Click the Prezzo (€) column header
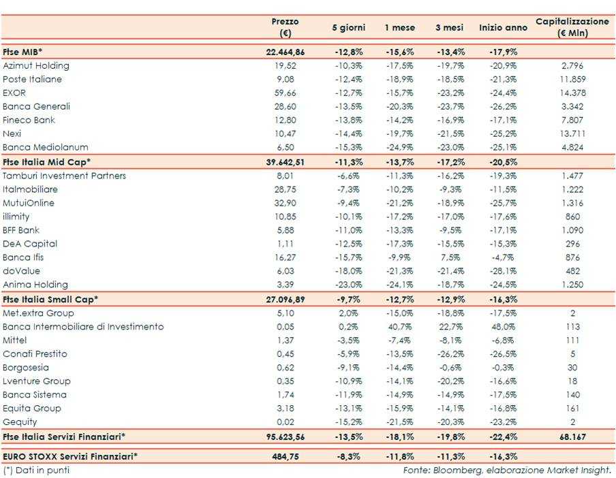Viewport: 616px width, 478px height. click(285, 27)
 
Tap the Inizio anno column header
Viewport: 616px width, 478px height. click(503, 28)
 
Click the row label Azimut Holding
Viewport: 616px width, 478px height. click(36, 66)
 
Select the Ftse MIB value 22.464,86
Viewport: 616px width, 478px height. click(285, 52)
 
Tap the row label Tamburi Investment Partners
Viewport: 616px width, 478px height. click(65, 176)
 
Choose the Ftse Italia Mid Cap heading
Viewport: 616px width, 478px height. click(47, 161)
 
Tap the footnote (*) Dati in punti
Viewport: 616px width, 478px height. click(36, 470)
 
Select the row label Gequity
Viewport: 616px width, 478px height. click(21, 422)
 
